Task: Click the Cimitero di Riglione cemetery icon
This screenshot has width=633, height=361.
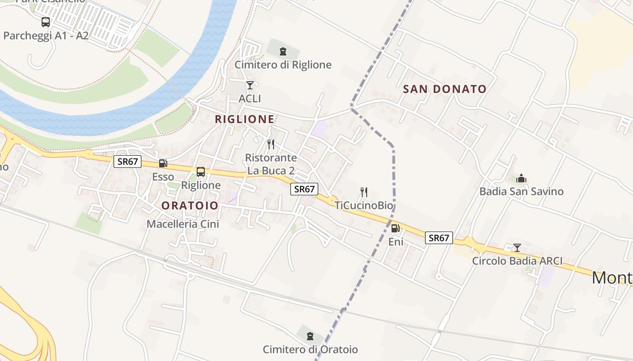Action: (283, 51)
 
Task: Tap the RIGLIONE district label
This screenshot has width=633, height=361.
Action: (245, 119)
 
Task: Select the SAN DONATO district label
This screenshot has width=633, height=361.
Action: (444, 89)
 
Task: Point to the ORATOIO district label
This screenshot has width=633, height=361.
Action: (190, 206)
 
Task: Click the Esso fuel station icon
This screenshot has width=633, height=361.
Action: (163, 163)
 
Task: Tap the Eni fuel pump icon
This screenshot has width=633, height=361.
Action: (395, 228)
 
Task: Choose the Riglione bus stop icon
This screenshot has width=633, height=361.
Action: (201, 172)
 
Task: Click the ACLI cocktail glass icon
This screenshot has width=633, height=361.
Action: (250, 85)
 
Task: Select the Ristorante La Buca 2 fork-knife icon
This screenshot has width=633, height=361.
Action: (271, 144)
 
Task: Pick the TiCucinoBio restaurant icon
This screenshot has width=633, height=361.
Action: (363, 192)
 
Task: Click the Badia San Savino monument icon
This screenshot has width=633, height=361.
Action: (521, 179)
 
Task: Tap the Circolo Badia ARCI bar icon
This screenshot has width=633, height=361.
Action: (517, 248)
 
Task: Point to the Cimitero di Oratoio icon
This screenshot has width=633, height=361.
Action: (310, 336)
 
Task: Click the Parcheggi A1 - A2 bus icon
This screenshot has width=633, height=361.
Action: (46, 22)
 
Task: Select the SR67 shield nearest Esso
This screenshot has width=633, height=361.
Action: (128, 162)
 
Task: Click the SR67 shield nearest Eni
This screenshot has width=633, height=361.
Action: (439, 238)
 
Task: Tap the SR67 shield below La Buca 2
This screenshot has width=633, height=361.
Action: (304, 189)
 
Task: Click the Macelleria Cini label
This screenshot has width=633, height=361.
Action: (183, 224)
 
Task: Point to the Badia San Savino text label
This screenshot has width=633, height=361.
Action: (521, 191)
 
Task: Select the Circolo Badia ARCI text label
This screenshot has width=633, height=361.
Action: (517, 261)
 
